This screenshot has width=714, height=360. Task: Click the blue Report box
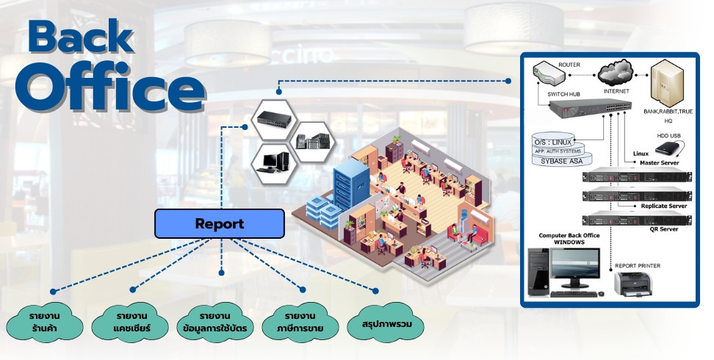219,223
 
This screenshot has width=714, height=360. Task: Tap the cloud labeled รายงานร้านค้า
45,322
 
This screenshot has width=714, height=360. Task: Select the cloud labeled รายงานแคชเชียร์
132,322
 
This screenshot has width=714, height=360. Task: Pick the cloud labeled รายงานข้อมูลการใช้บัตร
218,322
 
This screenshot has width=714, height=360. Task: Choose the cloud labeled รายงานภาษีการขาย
303,322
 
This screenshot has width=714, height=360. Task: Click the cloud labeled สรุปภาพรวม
387,322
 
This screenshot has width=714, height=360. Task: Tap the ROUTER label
569,65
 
